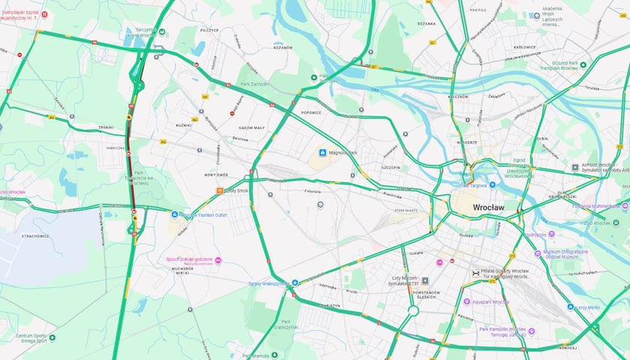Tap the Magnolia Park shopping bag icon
[323, 153]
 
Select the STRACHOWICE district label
[36, 235]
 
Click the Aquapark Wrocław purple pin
[466, 301]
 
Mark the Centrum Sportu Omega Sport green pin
[52, 337]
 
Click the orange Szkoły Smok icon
[220, 190]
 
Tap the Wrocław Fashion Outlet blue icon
[175, 214]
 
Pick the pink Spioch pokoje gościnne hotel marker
[218, 260]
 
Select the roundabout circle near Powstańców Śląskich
[412, 309]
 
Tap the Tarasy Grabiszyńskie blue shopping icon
[295, 283]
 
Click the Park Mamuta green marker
[274, 355]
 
